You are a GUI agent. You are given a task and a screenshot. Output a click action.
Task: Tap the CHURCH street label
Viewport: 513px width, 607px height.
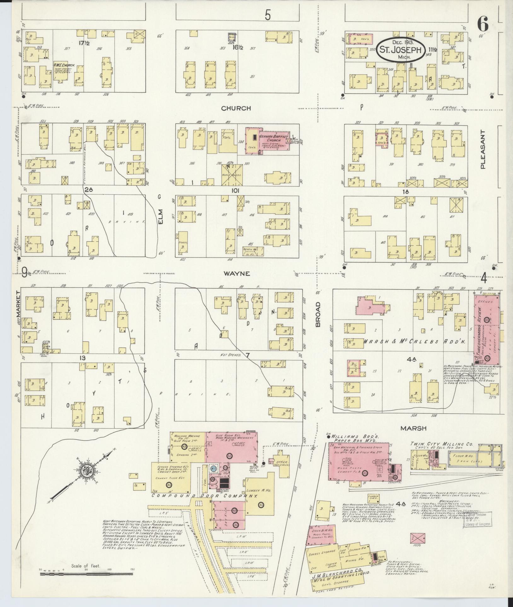[236, 108]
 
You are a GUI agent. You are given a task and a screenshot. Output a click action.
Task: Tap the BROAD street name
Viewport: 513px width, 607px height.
[318, 314]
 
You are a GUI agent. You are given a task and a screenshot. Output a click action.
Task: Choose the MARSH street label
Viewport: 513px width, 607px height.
[413, 428]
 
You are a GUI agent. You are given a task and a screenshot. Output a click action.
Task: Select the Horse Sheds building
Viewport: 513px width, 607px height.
[232, 175]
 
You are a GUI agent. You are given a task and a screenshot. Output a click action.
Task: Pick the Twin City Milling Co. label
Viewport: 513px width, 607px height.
[441, 444]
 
